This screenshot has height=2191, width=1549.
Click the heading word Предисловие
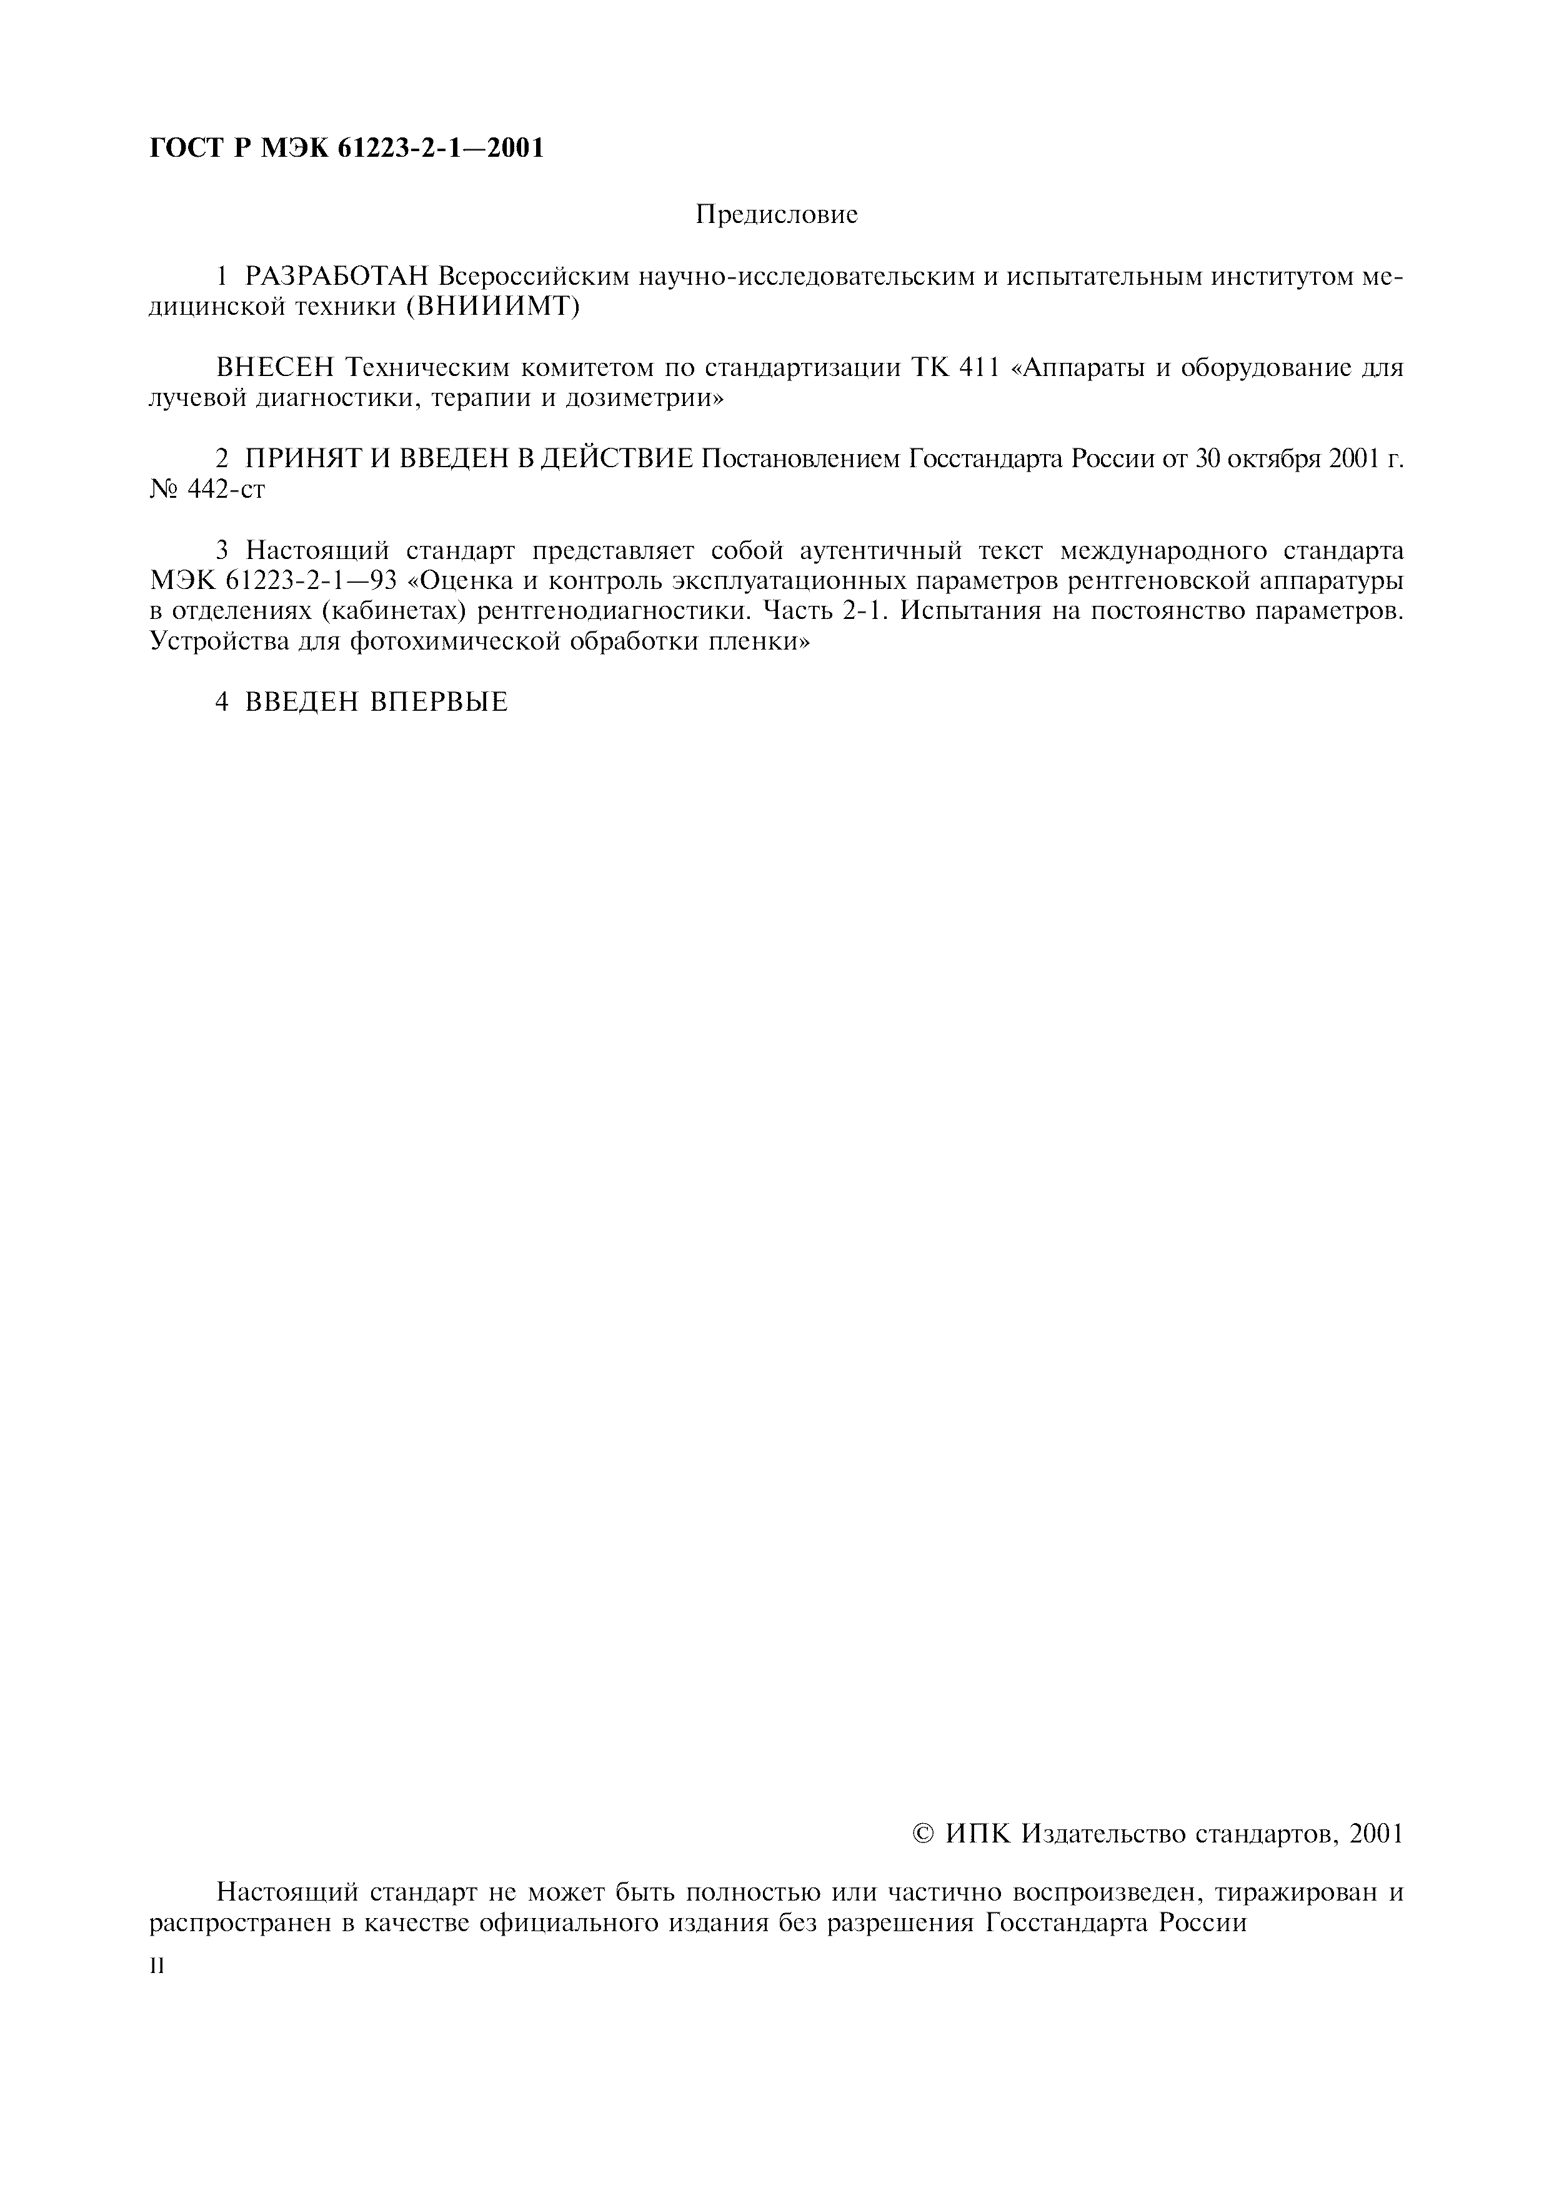pyautogui.click(x=776, y=215)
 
